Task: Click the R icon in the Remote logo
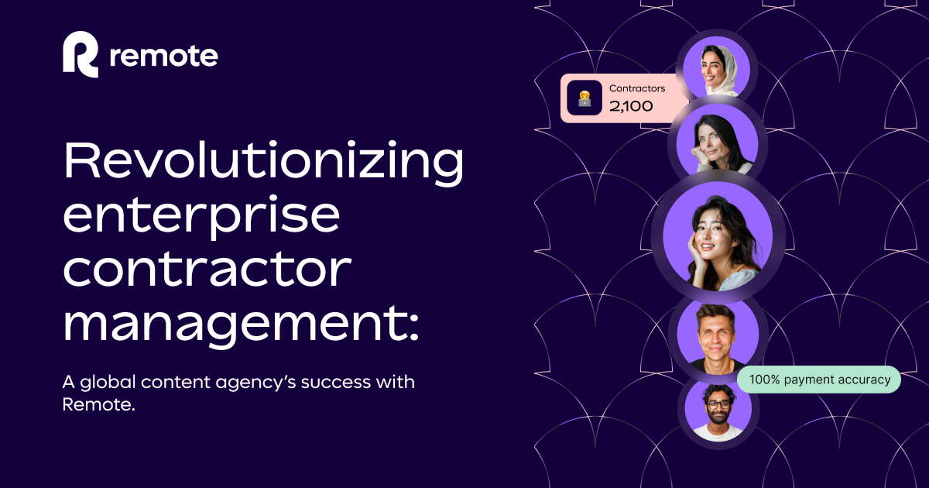(81, 55)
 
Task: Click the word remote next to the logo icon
(164, 56)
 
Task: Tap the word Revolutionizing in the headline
(263, 163)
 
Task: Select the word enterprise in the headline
(201, 218)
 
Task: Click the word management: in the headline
(241, 324)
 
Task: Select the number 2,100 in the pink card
(631, 106)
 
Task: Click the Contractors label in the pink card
(636, 88)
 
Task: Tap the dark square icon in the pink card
(584, 98)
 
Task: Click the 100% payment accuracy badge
(819, 380)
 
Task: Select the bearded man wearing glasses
(718, 411)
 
